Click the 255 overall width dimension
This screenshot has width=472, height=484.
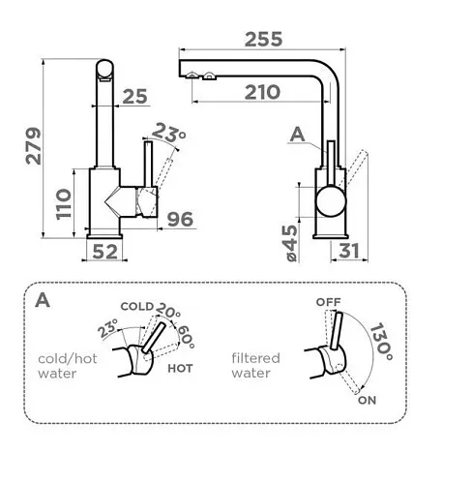(263, 40)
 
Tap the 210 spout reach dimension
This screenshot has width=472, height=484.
(262, 92)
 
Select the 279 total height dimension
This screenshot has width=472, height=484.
(34, 146)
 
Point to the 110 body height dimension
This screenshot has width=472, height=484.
(63, 204)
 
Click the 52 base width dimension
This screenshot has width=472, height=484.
(105, 252)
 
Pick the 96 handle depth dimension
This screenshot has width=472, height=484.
(180, 219)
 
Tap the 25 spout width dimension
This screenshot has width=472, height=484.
(135, 96)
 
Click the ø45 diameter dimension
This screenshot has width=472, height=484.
(291, 243)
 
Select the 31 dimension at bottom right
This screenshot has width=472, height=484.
(349, 251)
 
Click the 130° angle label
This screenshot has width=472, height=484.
(381, 342)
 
